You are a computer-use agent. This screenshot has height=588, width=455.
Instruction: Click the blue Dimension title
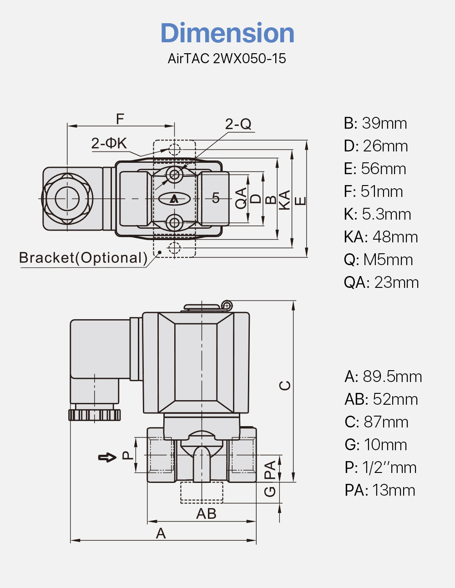coord(227,33)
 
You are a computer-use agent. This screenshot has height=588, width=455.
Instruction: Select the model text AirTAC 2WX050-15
coord(227,59)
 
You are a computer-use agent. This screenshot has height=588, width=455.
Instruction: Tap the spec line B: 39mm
coord(375,123)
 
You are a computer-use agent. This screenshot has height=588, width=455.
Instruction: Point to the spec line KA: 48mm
coord(381,237)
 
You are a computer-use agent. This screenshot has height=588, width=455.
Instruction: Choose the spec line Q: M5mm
coord(378,260)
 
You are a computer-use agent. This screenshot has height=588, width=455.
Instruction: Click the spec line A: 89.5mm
coord(383,377)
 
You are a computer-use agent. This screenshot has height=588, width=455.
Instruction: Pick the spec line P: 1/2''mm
coord(380,467)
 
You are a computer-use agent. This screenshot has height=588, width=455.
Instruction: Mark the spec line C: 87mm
coord(376,422)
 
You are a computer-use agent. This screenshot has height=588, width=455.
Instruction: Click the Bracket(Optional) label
coord(83,258)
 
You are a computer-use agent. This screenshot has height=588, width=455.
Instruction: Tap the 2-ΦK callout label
coord(109,143)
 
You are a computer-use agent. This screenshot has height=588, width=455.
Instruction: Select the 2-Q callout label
coord(238,124)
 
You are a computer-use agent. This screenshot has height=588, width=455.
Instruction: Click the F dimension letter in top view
coord(120,119)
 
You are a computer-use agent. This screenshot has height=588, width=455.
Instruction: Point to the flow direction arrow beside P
coord(107,457)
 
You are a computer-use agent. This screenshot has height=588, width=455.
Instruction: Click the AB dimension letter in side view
coord(206,514)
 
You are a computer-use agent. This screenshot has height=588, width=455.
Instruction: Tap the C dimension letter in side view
coord(285,385)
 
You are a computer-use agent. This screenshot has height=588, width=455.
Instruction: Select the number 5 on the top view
coord(216,198)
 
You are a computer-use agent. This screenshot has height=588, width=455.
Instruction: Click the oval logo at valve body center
coord(174,199)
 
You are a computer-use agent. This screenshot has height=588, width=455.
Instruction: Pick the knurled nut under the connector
coord(95,414)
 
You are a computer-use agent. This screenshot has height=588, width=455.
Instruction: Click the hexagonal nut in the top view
coord(67,199)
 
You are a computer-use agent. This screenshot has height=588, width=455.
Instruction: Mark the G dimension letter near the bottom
coord(270,492)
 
